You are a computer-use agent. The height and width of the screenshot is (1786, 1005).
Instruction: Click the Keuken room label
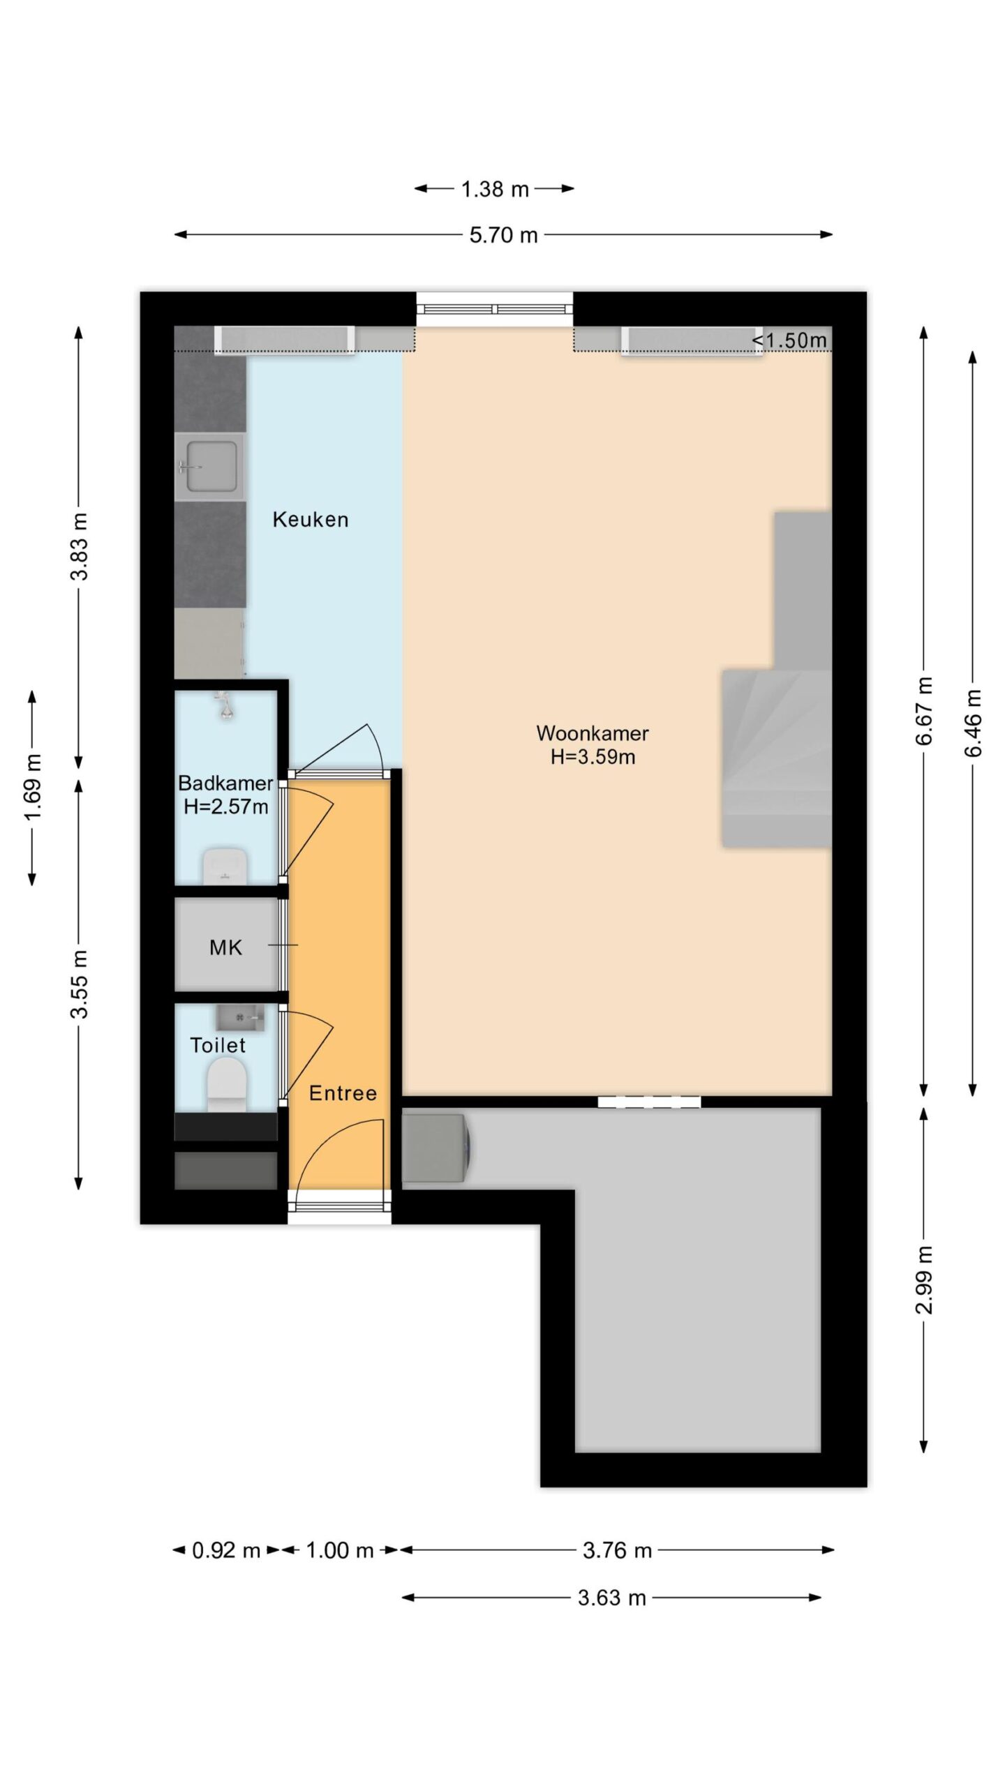coord(310,520)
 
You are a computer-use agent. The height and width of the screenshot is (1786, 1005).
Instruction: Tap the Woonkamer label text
coord(593,733)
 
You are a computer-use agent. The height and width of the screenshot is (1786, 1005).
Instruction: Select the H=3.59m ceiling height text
coord(593,757)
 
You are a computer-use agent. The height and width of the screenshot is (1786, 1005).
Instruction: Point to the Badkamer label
coord(225,783)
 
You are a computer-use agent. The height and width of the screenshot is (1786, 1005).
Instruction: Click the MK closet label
coord(225,947)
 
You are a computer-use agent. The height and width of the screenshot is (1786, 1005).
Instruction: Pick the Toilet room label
coord(218,1045)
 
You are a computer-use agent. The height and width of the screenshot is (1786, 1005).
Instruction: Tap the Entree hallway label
coord(343,1093)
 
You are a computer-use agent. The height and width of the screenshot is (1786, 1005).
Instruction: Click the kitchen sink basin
coord(209,467)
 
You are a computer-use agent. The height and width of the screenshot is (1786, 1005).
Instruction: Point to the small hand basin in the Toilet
coord(240,1018)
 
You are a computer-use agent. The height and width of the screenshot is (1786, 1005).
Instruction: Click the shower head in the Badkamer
coord(225,706)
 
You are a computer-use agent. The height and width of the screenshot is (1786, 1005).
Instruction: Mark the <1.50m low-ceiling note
coord(789,340)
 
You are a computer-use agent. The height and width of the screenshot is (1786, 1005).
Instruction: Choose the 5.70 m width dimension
coord(503,235)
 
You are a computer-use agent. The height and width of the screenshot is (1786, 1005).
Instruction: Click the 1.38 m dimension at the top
coord(495,189)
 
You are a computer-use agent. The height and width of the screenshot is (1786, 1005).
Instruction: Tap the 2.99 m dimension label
coord(924,1280)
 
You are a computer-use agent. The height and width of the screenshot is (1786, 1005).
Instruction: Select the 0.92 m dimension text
coord(225,1551)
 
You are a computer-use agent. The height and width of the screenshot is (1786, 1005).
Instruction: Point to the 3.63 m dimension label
coord(611,1598)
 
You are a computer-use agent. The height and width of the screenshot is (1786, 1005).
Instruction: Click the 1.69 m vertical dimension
coord(33,788)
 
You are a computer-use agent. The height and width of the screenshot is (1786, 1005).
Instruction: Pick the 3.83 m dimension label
coord(80,546)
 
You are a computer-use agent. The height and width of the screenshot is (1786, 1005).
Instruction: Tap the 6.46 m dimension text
coord(973,723)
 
